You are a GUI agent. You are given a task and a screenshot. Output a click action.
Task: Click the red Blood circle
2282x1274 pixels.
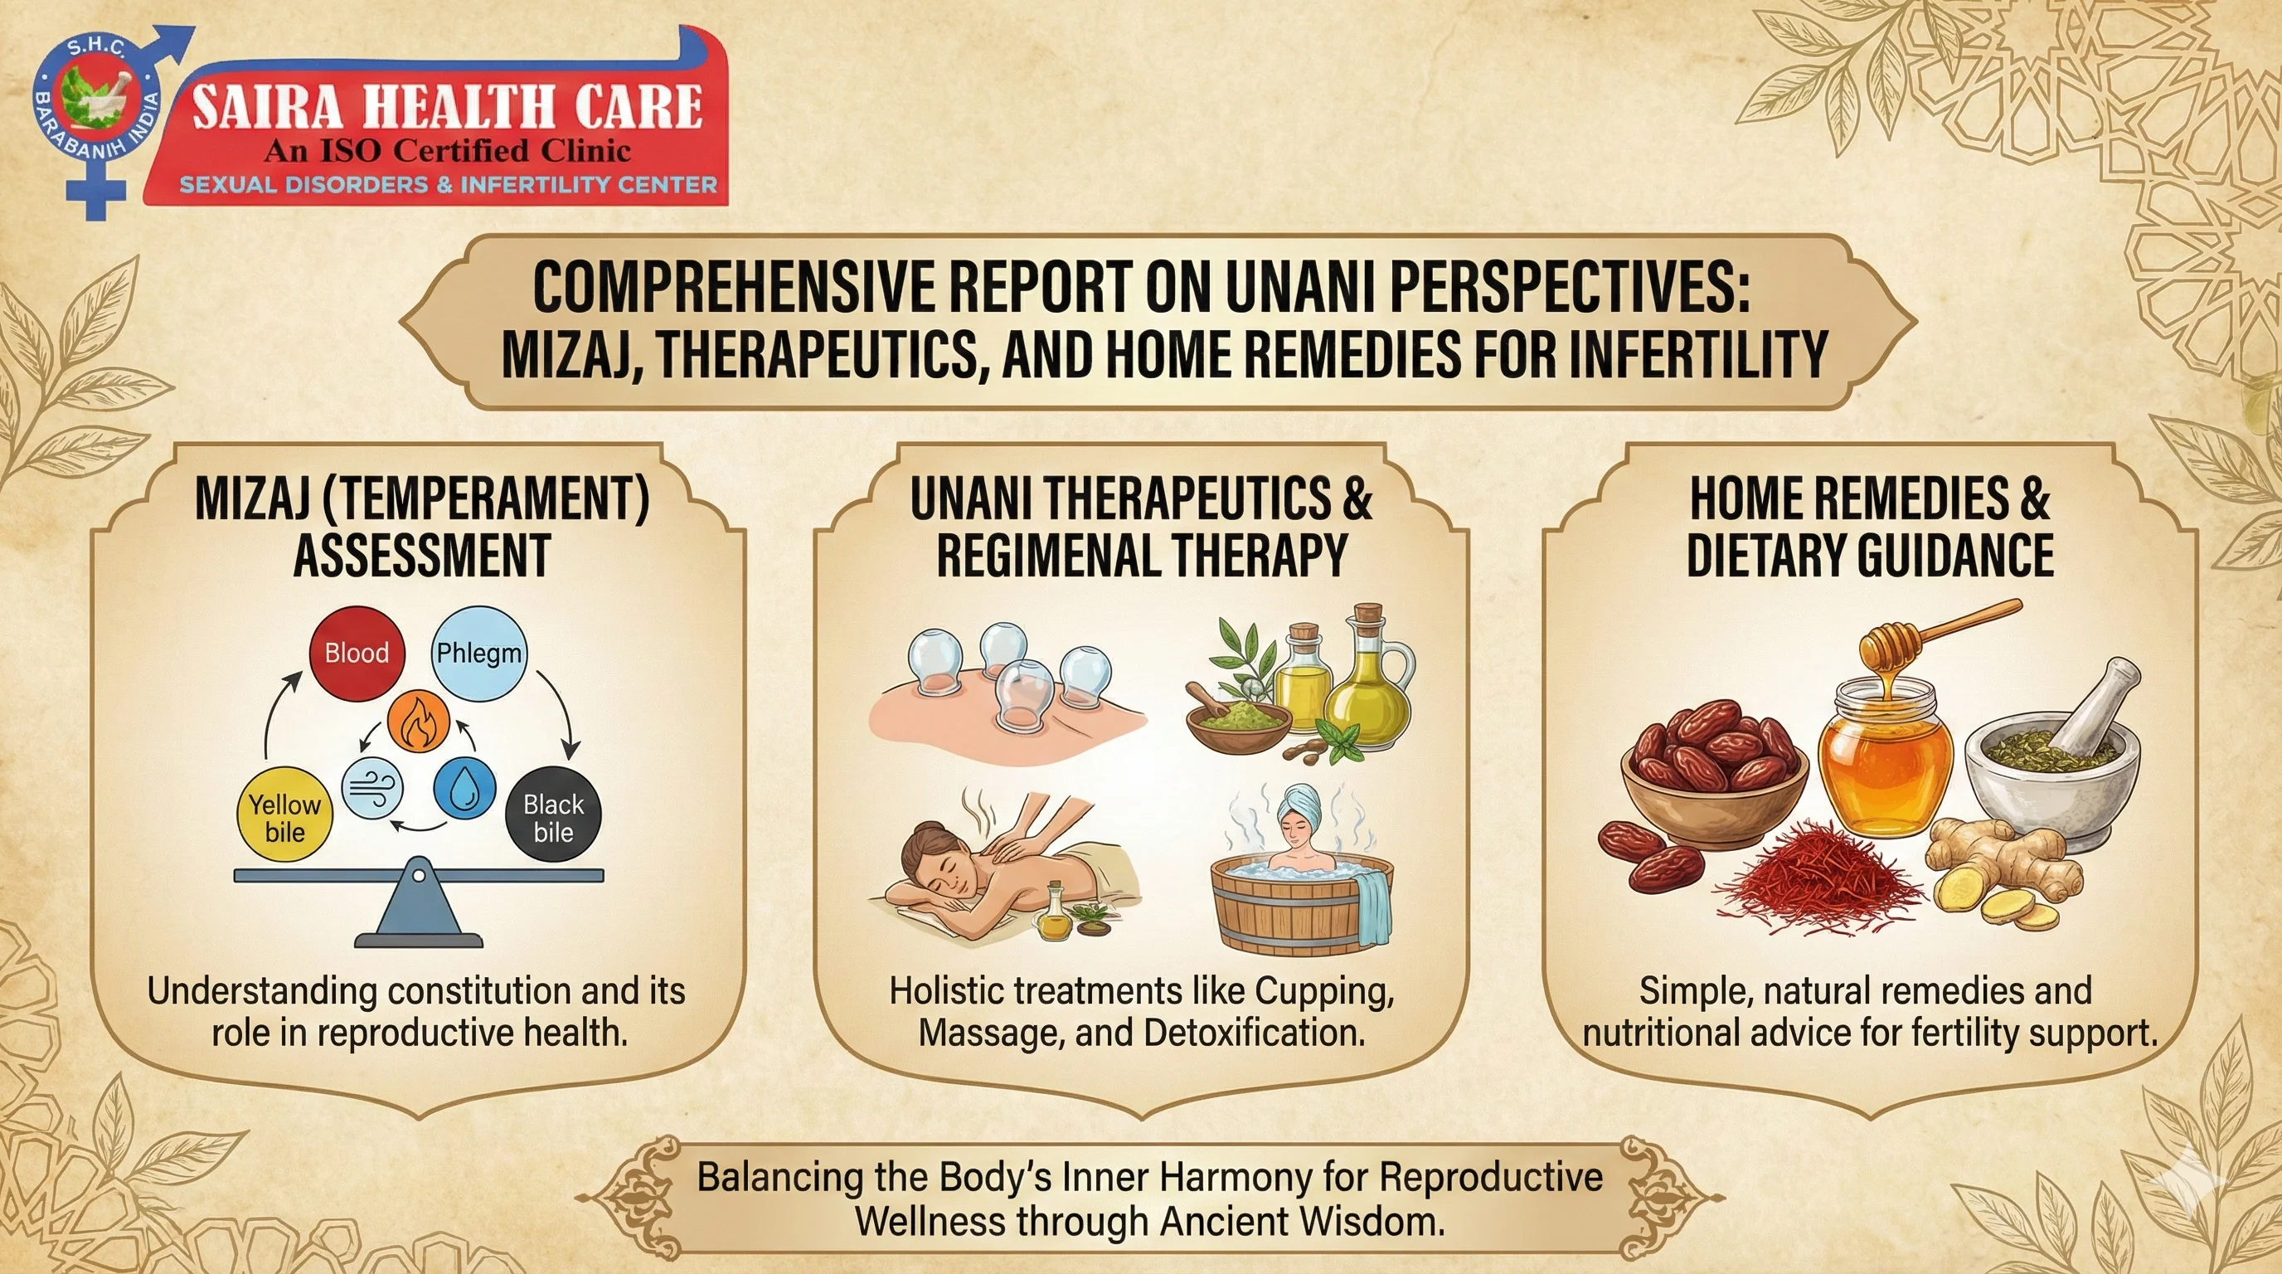(356, 653)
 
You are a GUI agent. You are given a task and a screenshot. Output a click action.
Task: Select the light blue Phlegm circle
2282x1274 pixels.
(478, 653)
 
